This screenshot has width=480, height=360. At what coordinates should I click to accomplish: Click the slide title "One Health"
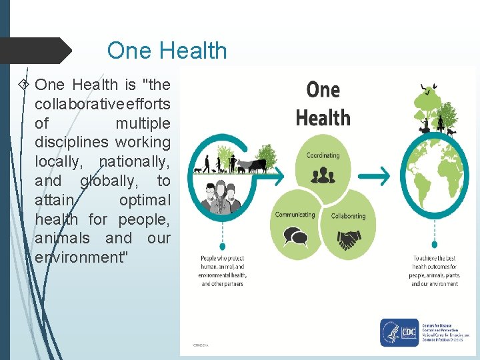167,51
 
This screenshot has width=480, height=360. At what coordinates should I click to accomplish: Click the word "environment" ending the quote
79,257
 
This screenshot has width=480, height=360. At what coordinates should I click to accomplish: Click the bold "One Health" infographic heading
323,104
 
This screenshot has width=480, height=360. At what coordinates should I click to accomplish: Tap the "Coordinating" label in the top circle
323,155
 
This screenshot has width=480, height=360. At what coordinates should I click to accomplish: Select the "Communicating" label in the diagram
295,215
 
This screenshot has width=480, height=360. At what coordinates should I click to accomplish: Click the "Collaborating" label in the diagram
348,216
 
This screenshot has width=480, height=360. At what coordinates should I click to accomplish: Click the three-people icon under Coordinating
324,175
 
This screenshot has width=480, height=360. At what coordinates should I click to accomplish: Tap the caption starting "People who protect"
223,271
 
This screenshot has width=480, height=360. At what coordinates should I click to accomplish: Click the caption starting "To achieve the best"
435,271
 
